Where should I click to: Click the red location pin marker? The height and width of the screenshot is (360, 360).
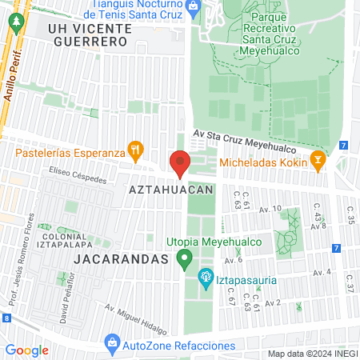(x=180, y=162)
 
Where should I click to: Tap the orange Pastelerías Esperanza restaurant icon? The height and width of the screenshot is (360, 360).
(x=137, y=148)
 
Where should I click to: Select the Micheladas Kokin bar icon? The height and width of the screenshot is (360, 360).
(x=318, y=160)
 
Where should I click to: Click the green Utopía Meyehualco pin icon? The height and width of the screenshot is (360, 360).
(x=185, y=258)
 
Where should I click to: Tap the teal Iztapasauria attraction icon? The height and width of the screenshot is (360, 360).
(x=204, y=278)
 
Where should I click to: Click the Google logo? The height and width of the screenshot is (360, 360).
(x=26, y=350)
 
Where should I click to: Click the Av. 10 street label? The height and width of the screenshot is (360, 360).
(x=271, y=210)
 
